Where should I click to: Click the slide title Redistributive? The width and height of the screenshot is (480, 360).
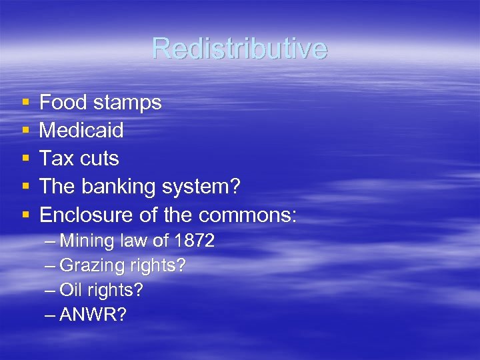[239, 48]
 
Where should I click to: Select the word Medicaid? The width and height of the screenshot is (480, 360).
[81, 131]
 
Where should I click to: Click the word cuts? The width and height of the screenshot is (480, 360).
[100, 159]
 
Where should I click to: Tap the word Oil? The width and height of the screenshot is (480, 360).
[70, 290]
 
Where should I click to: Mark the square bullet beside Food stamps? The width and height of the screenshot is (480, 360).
[25, 103]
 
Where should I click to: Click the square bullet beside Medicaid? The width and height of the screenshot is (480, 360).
[25, 131]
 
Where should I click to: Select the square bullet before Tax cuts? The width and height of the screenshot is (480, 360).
[25, 159]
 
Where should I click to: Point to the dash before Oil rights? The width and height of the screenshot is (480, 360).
[51, 291]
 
